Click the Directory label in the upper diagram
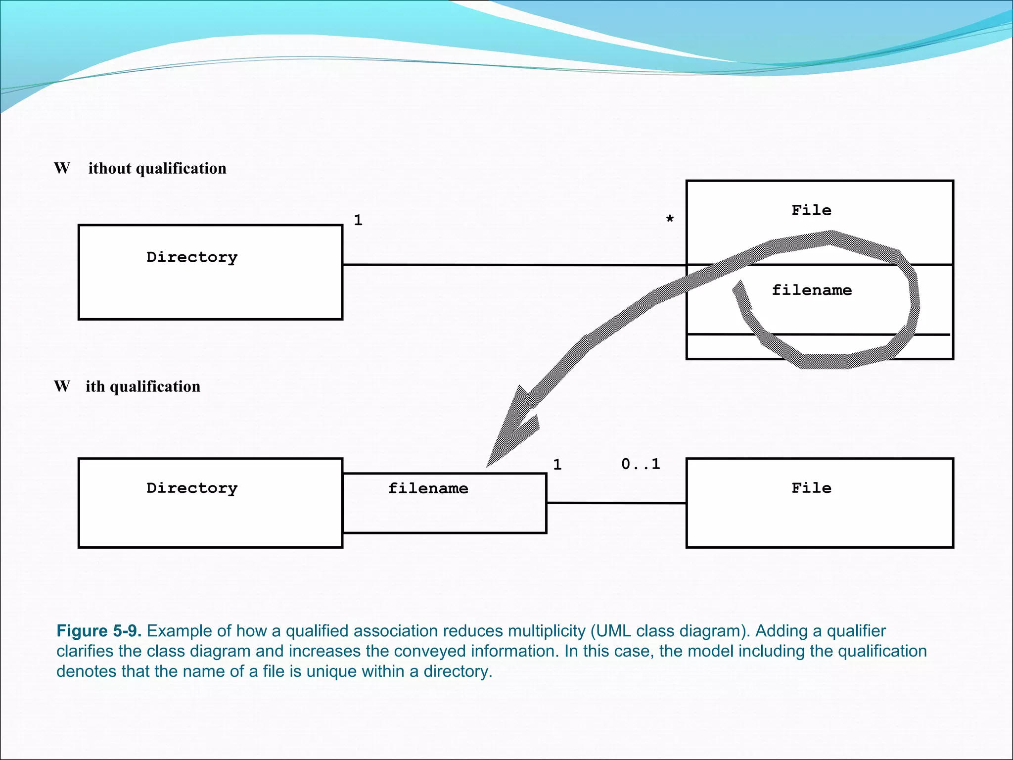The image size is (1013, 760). [x=192, y=257]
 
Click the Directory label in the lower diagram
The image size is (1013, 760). [x=192, y=488]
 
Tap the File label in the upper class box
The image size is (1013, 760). [x=811, y=210]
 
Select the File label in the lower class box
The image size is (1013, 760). [x=811, y=488]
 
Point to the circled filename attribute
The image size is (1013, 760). [x=812, y=290]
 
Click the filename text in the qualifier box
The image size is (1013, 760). [x=428, y=489]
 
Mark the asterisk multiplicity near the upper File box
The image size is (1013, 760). [x=670, y=219]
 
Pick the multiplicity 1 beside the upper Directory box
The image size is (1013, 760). [x=358, y=220]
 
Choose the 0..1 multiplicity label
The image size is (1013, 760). [x=641, y=464]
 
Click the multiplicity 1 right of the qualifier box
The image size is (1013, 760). [x=557, y=465]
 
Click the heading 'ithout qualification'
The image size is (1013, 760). [x=157, y=168]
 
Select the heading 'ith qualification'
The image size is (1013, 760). [x=143, y=386]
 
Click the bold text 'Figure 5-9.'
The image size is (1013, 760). [x=99, y=631]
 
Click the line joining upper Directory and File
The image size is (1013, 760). [x=514, y=265]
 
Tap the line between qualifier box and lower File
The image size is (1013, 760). [x=616, y=503]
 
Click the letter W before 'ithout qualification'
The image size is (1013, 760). [x=62, y=168]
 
